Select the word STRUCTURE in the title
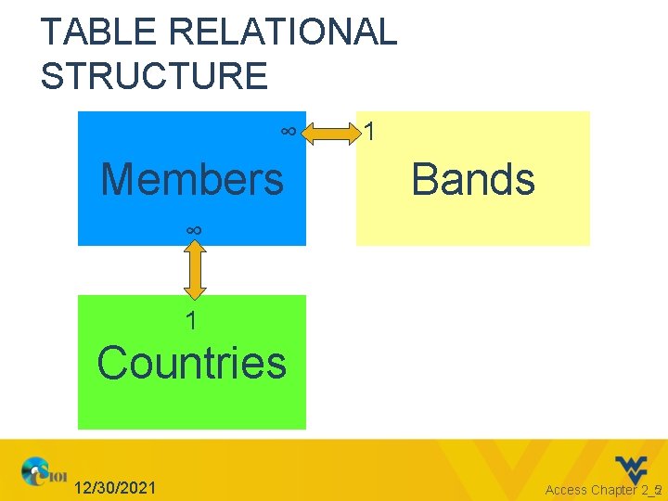(154, 75)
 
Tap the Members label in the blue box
(192, 179)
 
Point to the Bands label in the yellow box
(473, 179)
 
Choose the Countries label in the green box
(192, 362)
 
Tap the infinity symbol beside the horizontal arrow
(289, 132)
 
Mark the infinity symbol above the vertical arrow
(194, 229)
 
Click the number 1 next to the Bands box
(370, 133)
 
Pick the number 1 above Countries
(190, 322)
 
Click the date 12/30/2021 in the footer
(115, 488)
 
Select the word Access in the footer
(566, 490)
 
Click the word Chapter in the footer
(614, 490)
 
